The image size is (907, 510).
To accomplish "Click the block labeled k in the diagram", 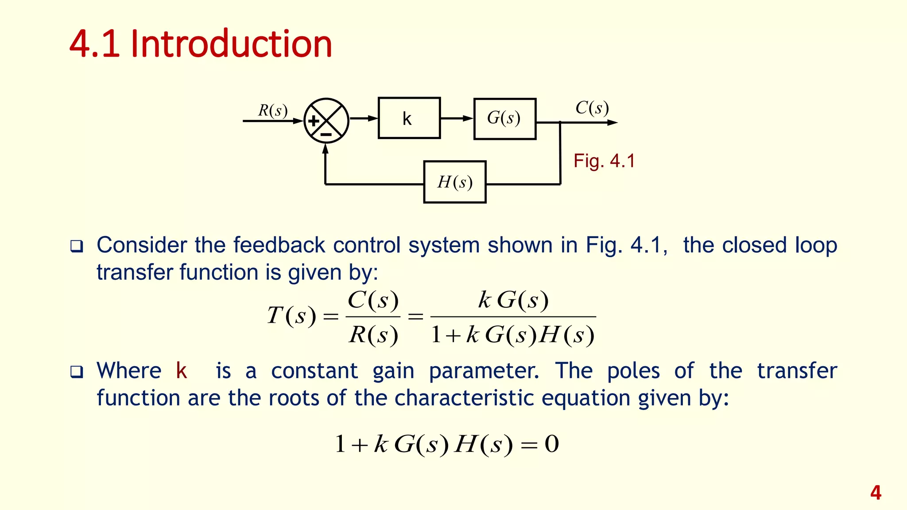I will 409,118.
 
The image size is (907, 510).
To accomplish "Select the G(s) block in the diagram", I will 504,119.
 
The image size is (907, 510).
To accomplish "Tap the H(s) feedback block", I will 455,182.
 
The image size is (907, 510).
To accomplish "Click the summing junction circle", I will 326,120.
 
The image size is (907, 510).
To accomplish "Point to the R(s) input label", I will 273,110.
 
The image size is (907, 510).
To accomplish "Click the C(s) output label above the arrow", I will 592,108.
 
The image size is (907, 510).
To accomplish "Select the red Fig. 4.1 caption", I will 604,161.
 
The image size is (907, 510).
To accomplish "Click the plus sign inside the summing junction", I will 314,121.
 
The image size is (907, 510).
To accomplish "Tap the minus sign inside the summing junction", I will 326,134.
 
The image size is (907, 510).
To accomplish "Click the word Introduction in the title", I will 231,44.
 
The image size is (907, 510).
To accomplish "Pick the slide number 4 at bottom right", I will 876,492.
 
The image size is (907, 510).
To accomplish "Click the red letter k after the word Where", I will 181,371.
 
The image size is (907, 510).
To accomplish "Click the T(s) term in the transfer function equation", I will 291,316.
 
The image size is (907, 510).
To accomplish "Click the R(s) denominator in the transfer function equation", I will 373,335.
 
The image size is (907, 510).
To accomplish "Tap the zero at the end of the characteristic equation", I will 551,444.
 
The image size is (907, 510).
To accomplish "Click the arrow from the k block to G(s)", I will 457,118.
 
